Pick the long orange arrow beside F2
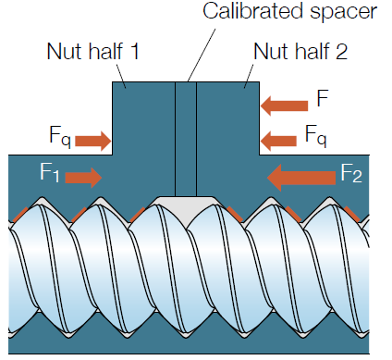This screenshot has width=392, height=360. coord(300,173)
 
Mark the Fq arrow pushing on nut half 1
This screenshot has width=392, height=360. coord(92,141)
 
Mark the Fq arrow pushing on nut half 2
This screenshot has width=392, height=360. coord(279,140)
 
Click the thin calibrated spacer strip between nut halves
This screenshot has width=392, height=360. coord(186,139)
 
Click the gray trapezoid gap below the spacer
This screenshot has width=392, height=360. coord(185,206)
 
